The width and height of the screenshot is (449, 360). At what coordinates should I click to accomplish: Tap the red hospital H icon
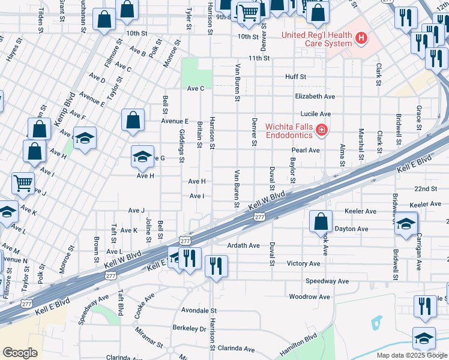coord(361,40)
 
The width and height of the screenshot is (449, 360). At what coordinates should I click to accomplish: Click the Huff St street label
coord(295,77)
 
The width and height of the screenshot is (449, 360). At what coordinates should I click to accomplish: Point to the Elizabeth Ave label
coord(315,96)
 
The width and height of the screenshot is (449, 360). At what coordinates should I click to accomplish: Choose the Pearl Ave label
coord(306,150)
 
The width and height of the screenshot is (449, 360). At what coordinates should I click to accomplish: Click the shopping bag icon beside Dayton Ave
coord(321,221)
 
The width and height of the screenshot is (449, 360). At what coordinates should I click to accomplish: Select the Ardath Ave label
coord(243,245)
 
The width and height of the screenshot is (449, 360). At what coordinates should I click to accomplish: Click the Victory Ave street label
coord(304,263)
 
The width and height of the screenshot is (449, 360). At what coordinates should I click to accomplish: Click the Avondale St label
coord(199,311)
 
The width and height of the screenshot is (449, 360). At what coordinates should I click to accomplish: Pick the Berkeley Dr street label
coord(189,329)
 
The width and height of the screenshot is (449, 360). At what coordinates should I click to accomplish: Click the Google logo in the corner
coord(20,353)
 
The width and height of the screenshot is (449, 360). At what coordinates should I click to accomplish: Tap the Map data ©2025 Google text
coord(412,355)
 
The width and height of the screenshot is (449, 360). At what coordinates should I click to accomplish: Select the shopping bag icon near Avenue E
coord(133,119)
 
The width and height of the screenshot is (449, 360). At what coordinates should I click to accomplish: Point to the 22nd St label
coord(425,188)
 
